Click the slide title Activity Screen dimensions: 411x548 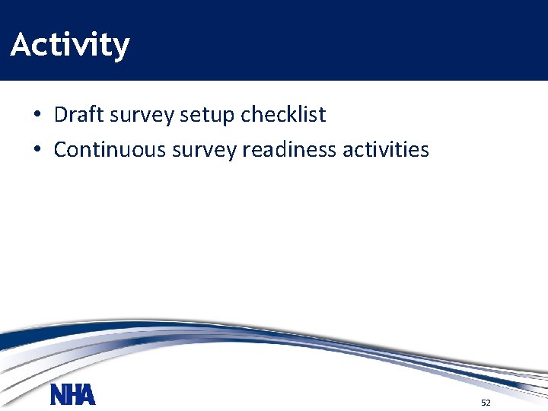click(70, 45)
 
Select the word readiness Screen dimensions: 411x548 click(290, 149)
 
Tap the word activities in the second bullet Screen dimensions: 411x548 click(386, 149)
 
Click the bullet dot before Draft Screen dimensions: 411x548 click(37, 116)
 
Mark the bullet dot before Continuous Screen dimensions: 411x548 click(37, 150)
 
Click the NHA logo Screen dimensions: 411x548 click(73, 395)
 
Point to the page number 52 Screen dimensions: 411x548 click(486, 402)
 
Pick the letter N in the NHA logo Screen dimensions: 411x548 click(58, 395)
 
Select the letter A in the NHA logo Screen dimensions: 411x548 click(88, 395)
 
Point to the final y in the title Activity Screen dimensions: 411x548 click(120, 48)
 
